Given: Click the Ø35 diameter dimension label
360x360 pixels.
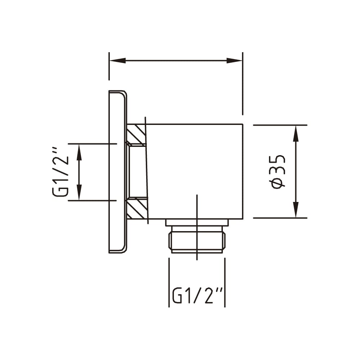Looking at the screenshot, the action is coord(278,172).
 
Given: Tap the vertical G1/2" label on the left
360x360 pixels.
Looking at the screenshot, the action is coord(60,174).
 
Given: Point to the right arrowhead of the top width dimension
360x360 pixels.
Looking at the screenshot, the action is coord(234,60).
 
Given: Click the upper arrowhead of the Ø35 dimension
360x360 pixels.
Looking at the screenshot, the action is coord(296,134).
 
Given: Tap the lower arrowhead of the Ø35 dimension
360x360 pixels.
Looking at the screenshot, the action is coord(296,210).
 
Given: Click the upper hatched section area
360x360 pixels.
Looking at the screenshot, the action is coord(136,135).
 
